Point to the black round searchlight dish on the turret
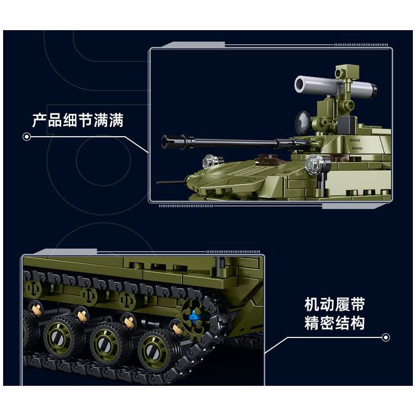click(x=303, y=121)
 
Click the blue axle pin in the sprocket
click(x=195, y=314)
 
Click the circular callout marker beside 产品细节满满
click(x=27, y=137)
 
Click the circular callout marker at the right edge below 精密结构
click(x=385, y=337)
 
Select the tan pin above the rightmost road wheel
click(x=176, y=327)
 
